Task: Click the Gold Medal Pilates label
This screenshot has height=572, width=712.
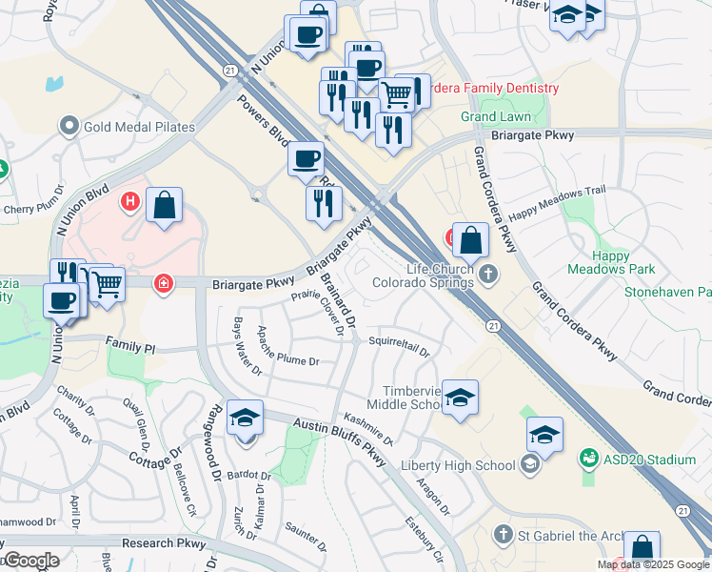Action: (139, 127)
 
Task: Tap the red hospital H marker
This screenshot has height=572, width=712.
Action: (129, 202)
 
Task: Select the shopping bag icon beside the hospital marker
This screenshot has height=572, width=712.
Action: (164, 205)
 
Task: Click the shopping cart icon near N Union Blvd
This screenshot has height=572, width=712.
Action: (107, 284)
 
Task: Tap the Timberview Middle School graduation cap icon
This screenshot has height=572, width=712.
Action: (459, 398)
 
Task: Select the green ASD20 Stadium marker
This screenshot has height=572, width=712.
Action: (588, 460)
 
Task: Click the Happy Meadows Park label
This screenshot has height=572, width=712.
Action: (624, 262)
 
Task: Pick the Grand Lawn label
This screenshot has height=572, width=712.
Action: (496, 117)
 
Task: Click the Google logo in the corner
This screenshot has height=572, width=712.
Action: (32, 561)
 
